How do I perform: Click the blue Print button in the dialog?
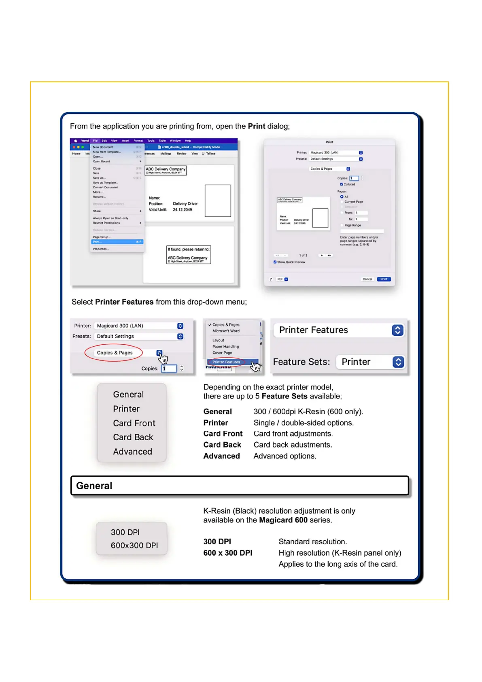pos(383,279)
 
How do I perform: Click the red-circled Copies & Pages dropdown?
pos(115,353)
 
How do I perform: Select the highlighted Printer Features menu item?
pos(226,362)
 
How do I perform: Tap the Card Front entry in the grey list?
pos(134,423)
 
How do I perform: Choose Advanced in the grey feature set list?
pos(132,452)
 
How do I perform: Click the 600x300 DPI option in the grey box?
pos(134,546)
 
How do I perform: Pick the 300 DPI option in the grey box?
pos(125,532)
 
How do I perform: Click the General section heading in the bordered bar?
pos(94,486)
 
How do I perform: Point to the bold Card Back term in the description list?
pos(222,445)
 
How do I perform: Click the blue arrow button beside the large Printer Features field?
pos(397,330)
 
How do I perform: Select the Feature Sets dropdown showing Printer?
pos(370,362)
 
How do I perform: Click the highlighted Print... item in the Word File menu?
pos(117,242)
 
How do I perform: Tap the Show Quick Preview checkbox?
pos(275,262)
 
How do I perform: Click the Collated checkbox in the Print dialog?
pos(342,184)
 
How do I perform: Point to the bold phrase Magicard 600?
pos(283,520)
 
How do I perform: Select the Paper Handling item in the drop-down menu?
pos(225,347)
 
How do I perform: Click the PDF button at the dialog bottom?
pos(282,279)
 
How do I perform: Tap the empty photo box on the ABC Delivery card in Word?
pos(218,201)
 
